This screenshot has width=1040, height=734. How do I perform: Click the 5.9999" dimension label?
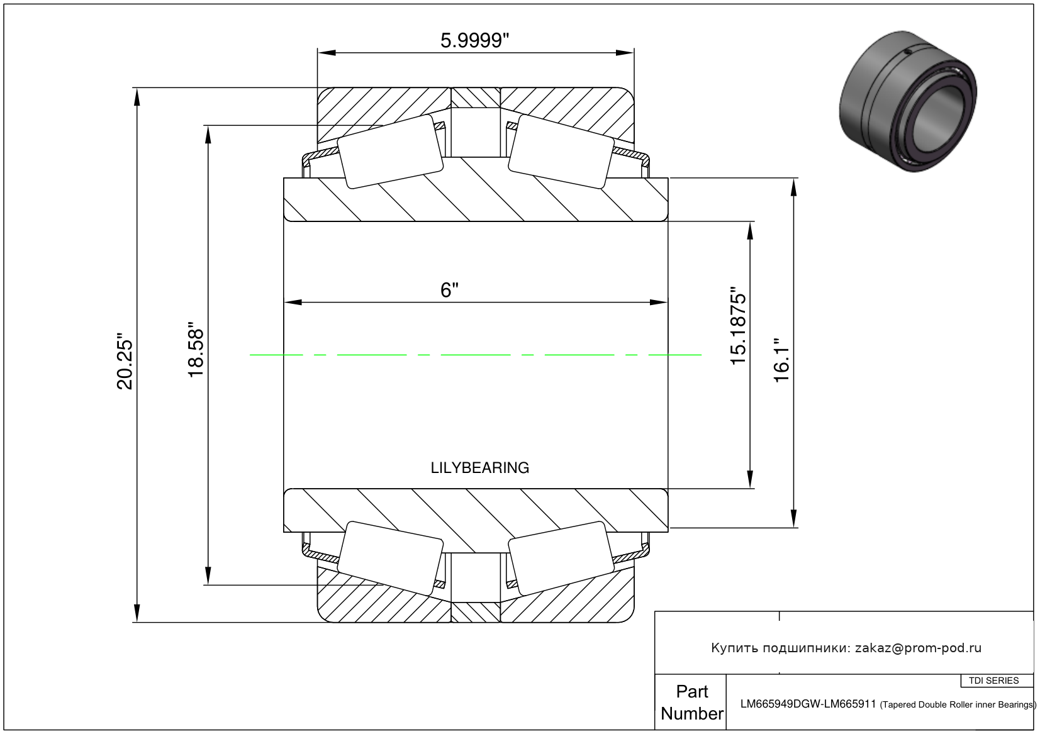pyautogui.click(x=474, y=41)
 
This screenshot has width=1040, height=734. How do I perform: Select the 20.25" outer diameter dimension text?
pyautogui.click(x=125, y=361)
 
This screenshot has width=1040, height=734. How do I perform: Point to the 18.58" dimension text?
pyautogui.click(x=196, y=349)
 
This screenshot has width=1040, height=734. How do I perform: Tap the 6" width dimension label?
pyautogui.click(x=449, y=290)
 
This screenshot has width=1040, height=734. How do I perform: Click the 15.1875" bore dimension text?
pyautogui.click(x=738, y=326)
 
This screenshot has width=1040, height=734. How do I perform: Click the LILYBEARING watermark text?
pyautogui.click(x=479, y=467)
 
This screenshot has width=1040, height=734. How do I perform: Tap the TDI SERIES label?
pyautogui.click(x=993, y=681)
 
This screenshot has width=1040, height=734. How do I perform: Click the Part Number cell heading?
pyautogui.click(x=692, y=703)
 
